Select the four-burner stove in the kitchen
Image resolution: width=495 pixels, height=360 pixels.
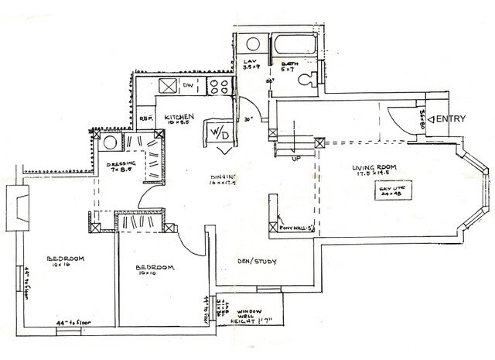pos(219,87)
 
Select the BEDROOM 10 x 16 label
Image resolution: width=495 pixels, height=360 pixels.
pos(64,262)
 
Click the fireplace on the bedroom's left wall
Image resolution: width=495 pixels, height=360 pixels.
pos(17,208)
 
